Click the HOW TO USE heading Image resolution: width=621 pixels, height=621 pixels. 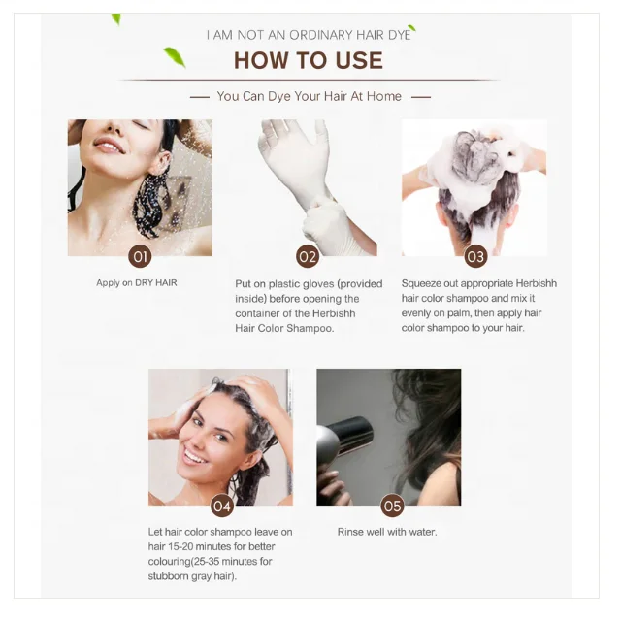pos(309,60)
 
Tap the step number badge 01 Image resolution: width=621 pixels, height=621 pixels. pos(140,256)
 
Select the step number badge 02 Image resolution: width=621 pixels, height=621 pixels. pos(308,256)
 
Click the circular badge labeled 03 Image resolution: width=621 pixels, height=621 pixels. pos(475,256)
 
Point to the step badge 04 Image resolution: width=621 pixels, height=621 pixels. pos(222,506)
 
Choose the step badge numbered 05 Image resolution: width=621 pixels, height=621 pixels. pos(392,506)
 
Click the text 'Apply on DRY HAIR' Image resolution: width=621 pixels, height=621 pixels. pos(137,282)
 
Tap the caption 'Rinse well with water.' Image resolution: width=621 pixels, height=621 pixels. pos(387,532)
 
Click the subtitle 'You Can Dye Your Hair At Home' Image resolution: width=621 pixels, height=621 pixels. pos(309,96)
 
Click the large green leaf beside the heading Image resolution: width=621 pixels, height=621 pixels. pos(175,57)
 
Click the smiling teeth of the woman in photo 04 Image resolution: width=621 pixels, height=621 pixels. pos(194,457)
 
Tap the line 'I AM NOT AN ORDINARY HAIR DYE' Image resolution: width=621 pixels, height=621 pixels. pos(309,35)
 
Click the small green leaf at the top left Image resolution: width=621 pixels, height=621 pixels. pos(116,19)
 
